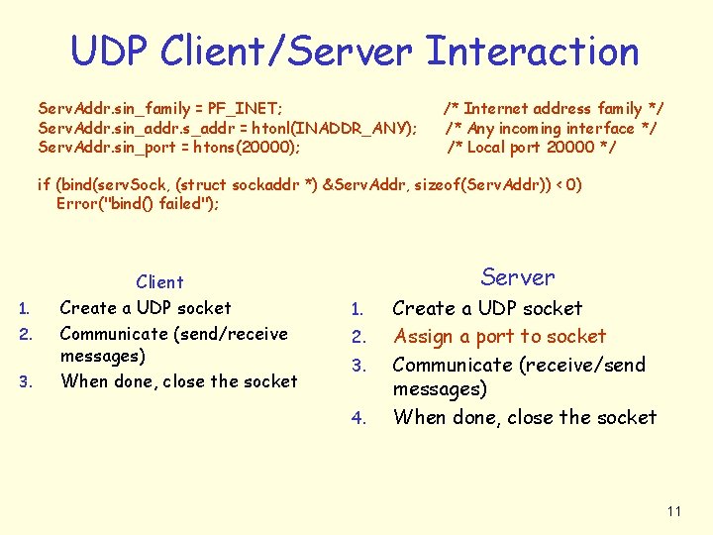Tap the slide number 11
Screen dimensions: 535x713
674,511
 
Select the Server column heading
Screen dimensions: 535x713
518,277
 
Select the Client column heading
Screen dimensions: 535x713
160,282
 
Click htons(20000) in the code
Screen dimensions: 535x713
249,148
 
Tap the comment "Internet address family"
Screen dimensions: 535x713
555,108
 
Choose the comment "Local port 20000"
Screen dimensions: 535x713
531,148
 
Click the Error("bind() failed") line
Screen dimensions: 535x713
138,204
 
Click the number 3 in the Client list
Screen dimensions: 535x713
27,382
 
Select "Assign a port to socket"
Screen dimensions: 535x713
499,337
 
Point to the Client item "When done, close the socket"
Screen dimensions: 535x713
178,381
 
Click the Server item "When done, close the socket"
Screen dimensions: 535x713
524,417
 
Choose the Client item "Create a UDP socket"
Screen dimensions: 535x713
146,308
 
